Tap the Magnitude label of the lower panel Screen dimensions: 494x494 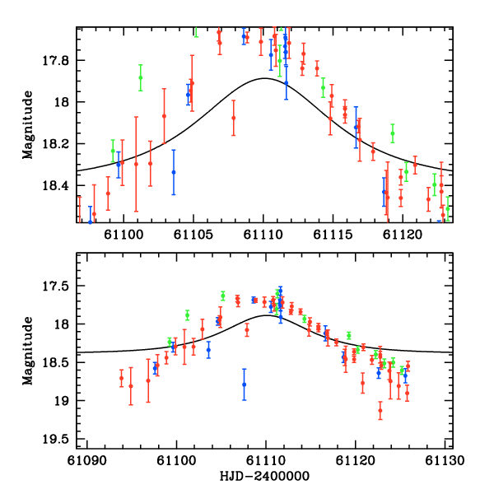point(27,351)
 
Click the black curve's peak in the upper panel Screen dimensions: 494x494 point(263,78)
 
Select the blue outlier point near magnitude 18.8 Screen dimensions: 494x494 point(244,384)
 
